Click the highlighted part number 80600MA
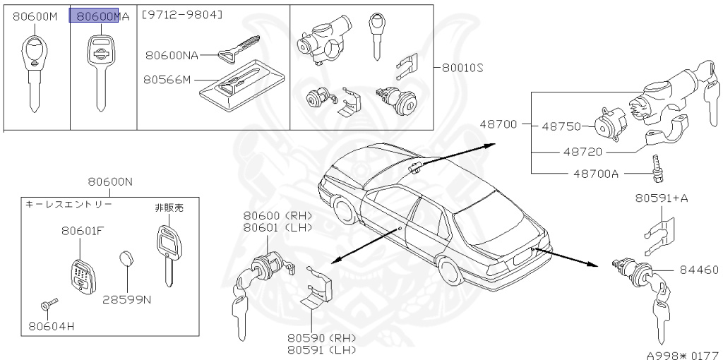[x=99, y=16]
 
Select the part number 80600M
[x=35, y=16]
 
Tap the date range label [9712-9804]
[x=181, y=15]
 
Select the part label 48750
[x=561, y=127]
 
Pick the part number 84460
[x=699, y=269]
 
